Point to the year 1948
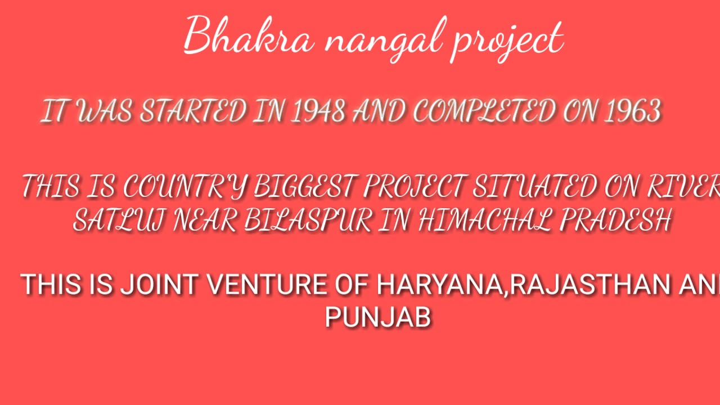click(x=318, y=112)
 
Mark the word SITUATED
click(x=534, y=187)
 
